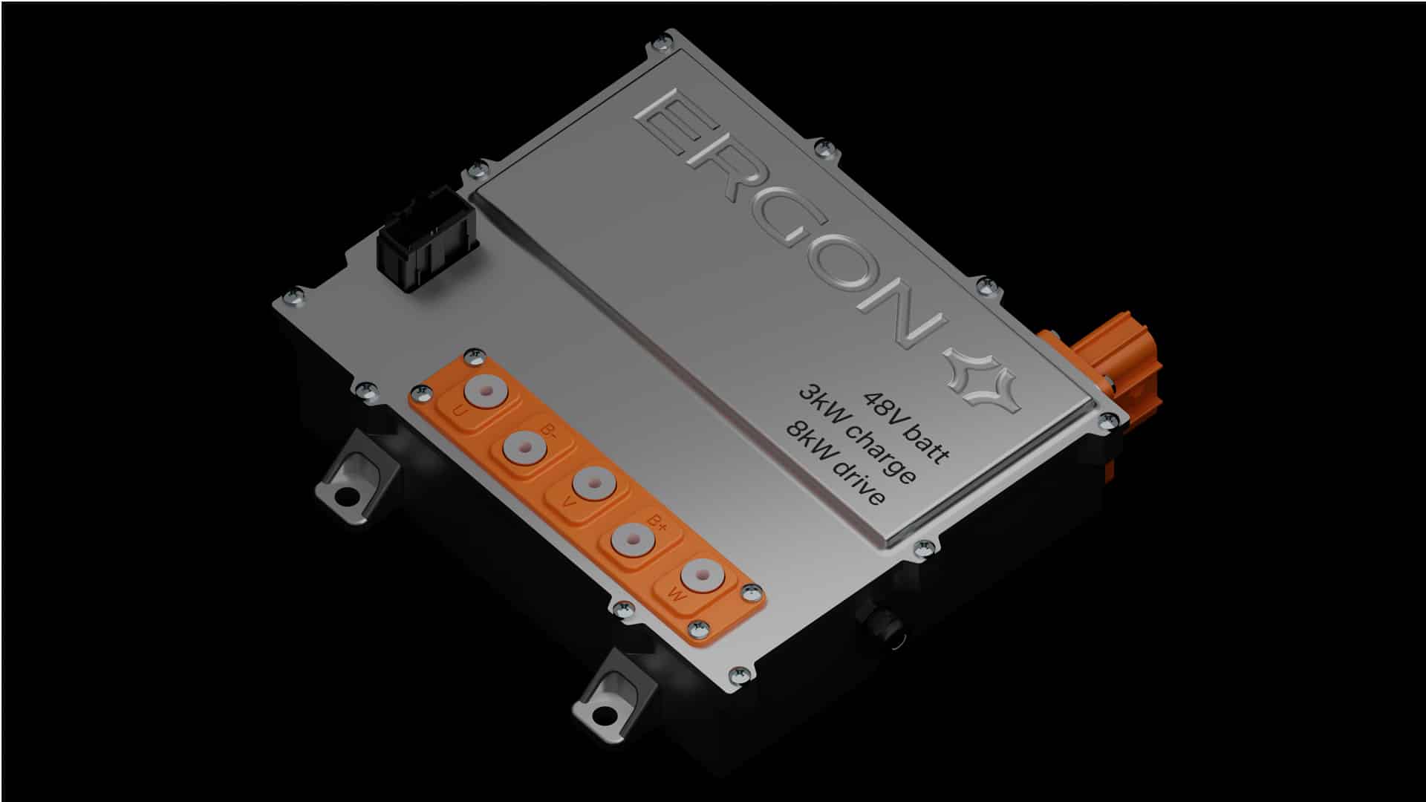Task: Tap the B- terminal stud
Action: click(524, 449)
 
